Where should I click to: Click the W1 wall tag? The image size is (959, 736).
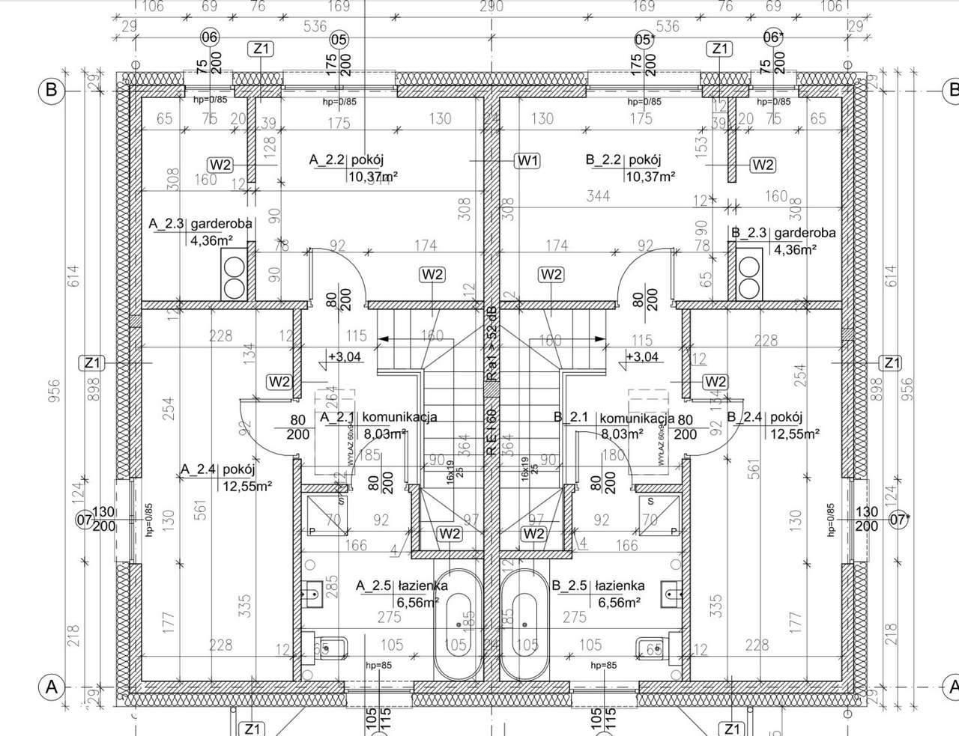point(528,160)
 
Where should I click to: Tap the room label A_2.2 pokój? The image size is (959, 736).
point(346,159)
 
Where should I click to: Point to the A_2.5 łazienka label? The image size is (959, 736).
point(402,586)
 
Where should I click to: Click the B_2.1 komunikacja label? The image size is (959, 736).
point(614,418)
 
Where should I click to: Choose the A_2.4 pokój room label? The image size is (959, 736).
point(218,470)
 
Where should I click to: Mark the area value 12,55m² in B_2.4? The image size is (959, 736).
point(793,434)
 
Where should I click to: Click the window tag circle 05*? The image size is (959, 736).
point(644,39)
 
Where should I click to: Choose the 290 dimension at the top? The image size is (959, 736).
point(491,7)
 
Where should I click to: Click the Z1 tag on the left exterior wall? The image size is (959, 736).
point(92,364)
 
